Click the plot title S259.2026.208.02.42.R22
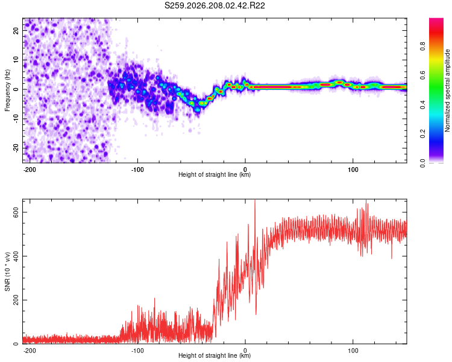pyautogui.click(x=215, y=5)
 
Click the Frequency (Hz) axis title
pyautogui.click(x=7, y=91)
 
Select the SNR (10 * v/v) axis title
pyautogui.click(x=7, y=271)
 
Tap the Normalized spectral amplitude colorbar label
pyautogui.click(x=447, y=91)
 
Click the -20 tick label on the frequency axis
pyautogui.click(x=16, y=148)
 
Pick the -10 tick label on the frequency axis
pyautogui.click(x=16, y=119)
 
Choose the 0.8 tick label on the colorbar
pyautogui.click(x=422, y=46)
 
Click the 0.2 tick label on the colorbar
pyautogui.click(x=422, y=134)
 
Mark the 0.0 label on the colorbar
pyautogui.click(x=422, y=163)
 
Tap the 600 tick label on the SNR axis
pyautogui.click(x=16, y=212)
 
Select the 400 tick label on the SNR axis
pyautogui.click(x=16, y=256)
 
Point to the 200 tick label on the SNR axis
pyautogui.click(x=16, y=300)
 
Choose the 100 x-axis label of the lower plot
pyautogui.click(x=353, y=351)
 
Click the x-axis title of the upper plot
pyautogui.click(x=215, y=174)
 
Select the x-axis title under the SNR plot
pyautogui.click(x=215, y=355)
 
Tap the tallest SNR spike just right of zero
pyautogui.click(x=255, y=200)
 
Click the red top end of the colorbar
pyautogui.click(x=436, y=19)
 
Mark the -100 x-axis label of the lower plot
pyautogui.click(x=137, y=351)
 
